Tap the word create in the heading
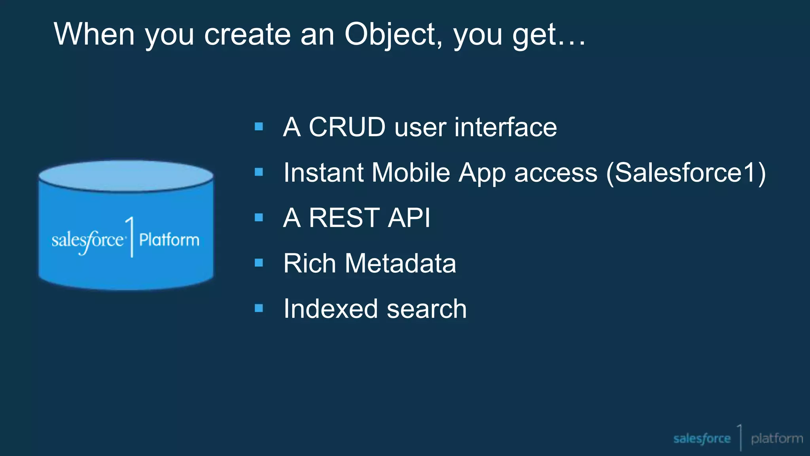point(247,34)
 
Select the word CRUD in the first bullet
point(347,127)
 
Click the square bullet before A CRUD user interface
point(259,127)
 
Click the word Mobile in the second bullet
point(411,173)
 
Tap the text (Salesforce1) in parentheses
point(686,173)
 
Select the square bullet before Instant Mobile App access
point(259,172)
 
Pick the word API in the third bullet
point(409,218)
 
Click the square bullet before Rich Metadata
point(259,263)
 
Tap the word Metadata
point(400,263)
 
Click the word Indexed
point(331,309)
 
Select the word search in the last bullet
point(427,309)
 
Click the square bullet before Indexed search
point(259,308)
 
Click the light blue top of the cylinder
point(126,175)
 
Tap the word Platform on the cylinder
point(169,240)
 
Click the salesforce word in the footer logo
point(702,439)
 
